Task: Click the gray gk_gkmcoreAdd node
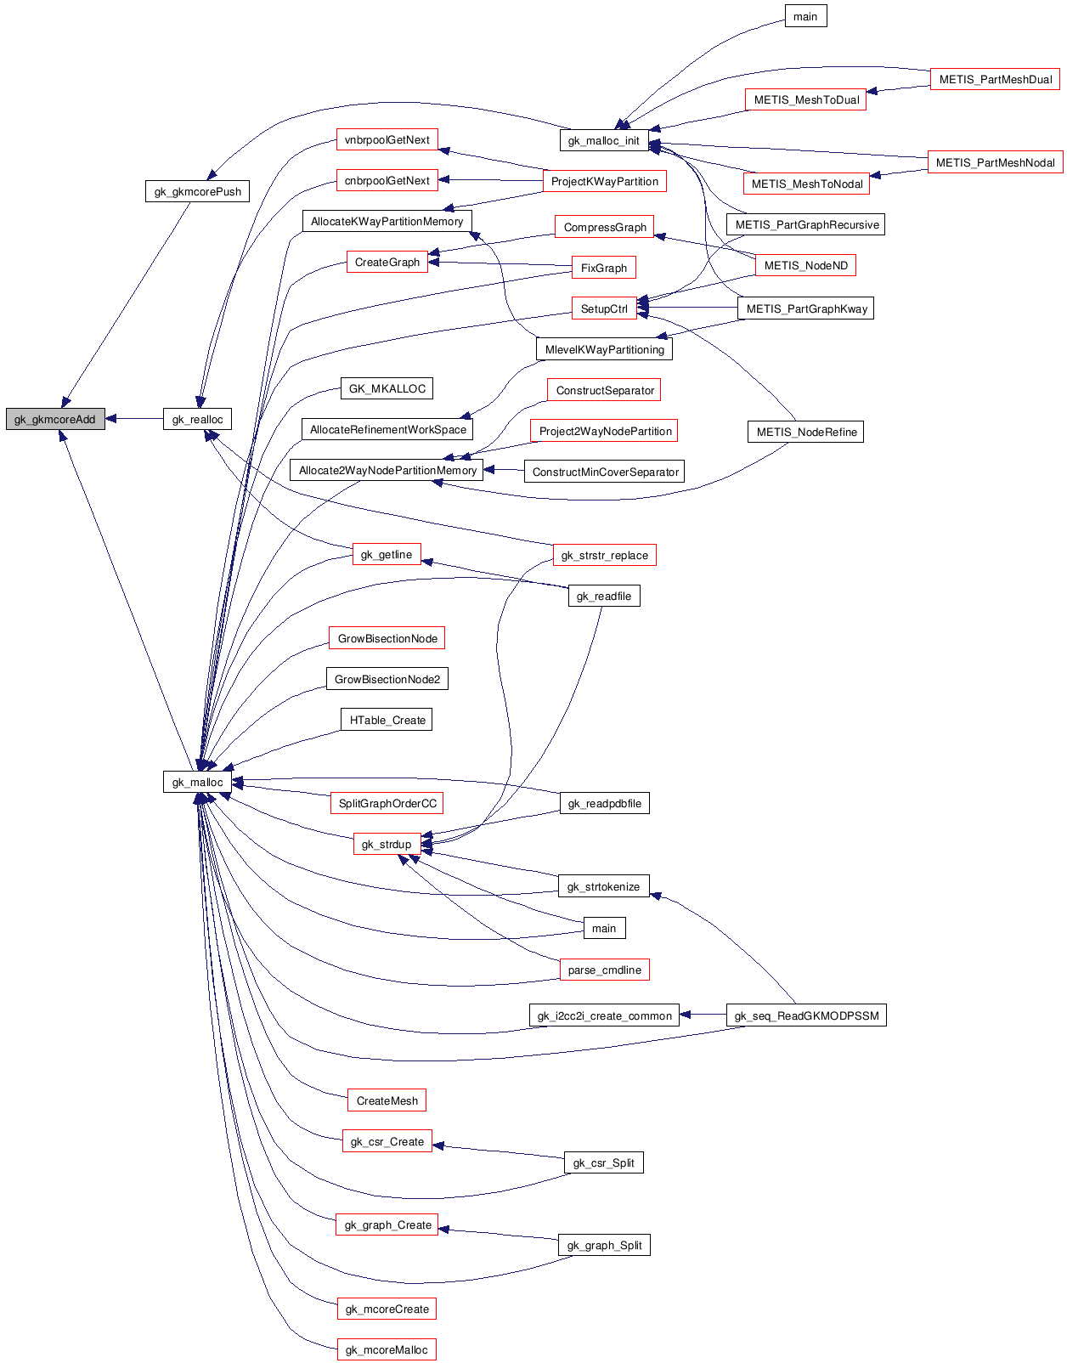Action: click(55, 419)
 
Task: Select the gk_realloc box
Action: click(197, 419)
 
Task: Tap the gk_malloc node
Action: click(197, 782)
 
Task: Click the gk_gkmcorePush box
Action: click(197, 191)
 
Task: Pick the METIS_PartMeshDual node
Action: click(995, 79)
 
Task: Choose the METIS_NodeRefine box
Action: click(805, 432)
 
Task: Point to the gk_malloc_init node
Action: click(603, 140)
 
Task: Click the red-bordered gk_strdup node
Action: click(387, 844)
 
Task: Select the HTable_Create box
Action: click(387, 720)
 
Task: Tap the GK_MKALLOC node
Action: click(387, 388)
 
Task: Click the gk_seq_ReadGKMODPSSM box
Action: click(806, 1015)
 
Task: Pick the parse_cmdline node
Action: click(604, 970)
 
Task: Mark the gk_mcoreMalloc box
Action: click(387, 1349)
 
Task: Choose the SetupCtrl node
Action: click(604, 308)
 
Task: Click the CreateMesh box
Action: click(387, 1100)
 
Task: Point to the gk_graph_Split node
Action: click(604, 1245)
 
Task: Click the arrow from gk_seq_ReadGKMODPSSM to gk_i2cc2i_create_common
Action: click(703, 1015)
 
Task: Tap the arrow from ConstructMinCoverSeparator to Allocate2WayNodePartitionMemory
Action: click(503, 470)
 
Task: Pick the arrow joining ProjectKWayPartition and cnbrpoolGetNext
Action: click(490, 180)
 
